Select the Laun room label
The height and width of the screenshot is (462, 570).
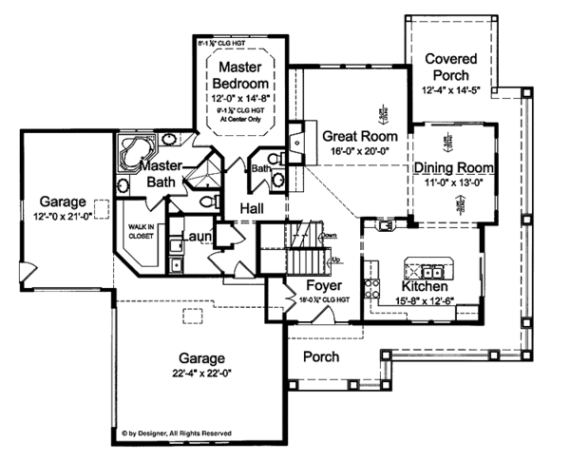coord(197,236)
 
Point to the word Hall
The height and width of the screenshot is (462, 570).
coord(252,208)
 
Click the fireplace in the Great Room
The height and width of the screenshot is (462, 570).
coord(294,143)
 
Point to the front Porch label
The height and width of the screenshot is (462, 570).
coord(322,356)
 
